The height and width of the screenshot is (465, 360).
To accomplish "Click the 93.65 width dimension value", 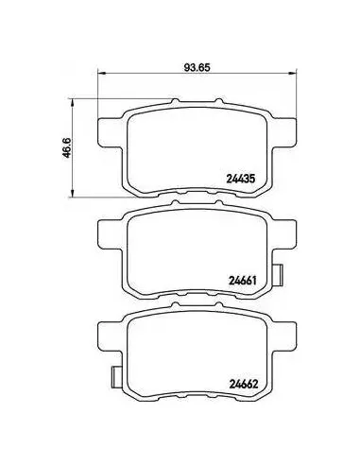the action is point(197,67).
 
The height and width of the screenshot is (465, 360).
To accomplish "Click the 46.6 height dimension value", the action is point(68,147).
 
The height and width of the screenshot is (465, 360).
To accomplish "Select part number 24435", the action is point(240,179).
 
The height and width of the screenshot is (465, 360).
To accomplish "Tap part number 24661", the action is point(242,280).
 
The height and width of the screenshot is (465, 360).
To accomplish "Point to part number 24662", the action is point(244,384).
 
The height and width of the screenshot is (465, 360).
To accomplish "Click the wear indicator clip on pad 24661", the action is point(278,275).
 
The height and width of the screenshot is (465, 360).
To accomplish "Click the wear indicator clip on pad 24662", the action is point(116,377).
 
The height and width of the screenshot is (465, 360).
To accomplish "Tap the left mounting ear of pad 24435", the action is point(109,132).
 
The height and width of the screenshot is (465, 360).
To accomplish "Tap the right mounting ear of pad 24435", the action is point(283,132).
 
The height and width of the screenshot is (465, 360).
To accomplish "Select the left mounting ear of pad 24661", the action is point(109,234).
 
